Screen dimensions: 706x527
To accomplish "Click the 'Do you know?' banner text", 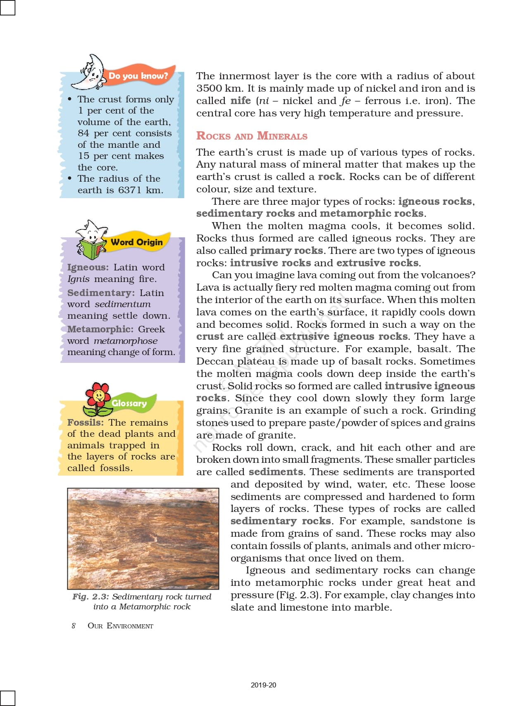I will pos(138,76).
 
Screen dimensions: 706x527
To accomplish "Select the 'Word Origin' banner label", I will pos(137,242).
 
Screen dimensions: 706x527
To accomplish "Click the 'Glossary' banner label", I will pos(129,403).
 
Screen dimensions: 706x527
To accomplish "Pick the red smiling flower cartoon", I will pos(98,398).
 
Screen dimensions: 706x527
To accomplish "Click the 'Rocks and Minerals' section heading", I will pos(252,136).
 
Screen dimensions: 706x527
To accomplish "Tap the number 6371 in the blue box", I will pos(130,190).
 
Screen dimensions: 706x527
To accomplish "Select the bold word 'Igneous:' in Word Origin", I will pos(88,268).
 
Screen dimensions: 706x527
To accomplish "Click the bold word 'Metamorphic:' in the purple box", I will pos(100,329).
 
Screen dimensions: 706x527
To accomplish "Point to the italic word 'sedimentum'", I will pos(123,304).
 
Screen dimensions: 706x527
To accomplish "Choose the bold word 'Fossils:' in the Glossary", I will pos(86,422).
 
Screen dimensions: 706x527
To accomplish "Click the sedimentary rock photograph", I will pos(143,538).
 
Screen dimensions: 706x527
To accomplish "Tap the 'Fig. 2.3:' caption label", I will pos(91,597).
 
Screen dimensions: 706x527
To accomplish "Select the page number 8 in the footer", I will pos(74,625).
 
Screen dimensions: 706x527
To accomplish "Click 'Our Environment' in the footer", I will pos(120,625).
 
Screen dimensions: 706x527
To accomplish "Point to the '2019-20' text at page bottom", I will pos(263,685).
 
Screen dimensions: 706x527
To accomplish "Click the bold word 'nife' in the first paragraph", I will pos(241,101).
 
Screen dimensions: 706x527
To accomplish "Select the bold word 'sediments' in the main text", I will pos(276,472).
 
